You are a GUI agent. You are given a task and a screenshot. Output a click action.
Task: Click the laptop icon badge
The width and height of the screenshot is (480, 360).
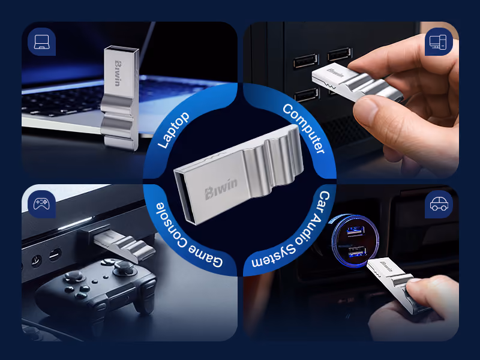coord(41,41)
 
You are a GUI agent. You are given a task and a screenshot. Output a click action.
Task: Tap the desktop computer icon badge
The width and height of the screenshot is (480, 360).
coord(439,41)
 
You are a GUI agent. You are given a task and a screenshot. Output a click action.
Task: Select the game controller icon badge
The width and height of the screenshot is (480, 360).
coord(41,204)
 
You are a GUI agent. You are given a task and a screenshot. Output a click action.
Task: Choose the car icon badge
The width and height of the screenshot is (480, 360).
coord(439,204)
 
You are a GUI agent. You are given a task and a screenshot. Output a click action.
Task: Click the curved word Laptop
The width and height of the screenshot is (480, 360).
coord(173,130)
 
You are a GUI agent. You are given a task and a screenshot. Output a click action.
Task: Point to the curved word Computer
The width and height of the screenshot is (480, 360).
coord(304,128)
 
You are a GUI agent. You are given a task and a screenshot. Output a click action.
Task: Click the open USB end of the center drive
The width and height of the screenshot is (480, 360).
coord(185,197)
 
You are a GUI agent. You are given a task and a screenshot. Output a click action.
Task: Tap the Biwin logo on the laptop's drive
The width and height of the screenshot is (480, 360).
coord(117,73)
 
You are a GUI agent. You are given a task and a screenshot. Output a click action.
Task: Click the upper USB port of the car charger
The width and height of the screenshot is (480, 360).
coord(355,231)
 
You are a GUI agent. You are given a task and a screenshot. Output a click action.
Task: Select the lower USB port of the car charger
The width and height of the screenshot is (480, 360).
coord(357,252)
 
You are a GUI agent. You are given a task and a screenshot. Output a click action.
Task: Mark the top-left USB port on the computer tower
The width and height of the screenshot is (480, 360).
coord(306,61)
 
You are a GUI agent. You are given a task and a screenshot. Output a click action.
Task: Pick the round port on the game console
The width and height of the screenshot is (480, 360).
coord(36,261)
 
